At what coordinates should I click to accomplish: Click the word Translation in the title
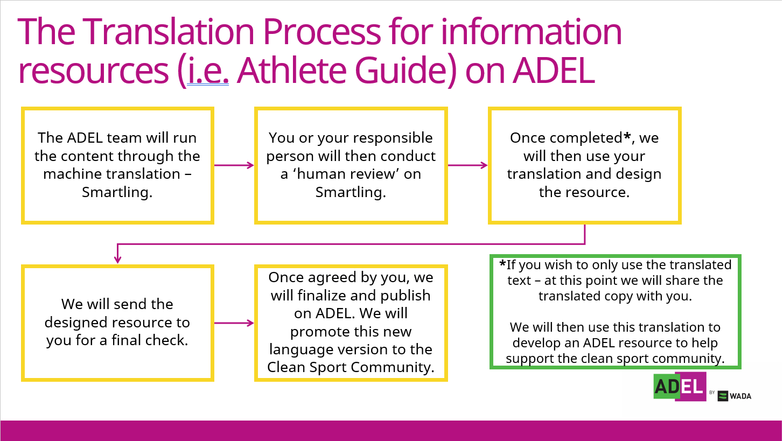click(168, 32)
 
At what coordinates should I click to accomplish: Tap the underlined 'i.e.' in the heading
click(208, 71)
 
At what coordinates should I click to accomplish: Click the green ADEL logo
click(680, 387)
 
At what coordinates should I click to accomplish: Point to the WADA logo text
click(740, 396)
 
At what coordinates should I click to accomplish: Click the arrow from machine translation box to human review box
click(234, 165)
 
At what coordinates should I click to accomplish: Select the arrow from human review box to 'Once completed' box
click(468, 165)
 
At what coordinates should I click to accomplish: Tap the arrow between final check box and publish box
click(234, 323)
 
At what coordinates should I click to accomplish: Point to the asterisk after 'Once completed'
click(627, 136)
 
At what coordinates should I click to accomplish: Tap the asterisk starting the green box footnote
click(502, 263)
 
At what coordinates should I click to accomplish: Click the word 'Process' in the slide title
click(321, 32)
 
